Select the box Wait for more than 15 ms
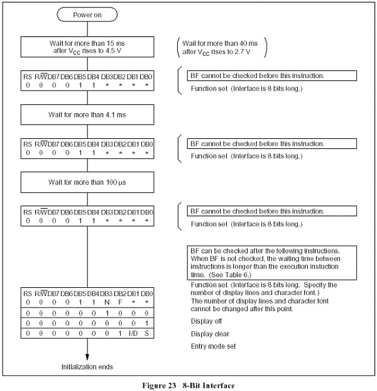tap(87, 46)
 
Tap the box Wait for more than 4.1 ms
tap(87, 115)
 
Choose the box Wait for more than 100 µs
tap(87, 183)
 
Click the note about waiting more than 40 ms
tap(221, 46)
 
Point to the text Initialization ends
tap(87, 366)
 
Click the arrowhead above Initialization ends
tap(87, 356)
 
